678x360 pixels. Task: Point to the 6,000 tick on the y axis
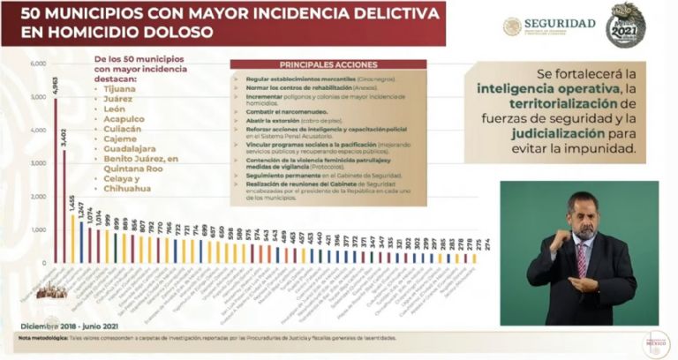pyautogui.click(x=37, y=64)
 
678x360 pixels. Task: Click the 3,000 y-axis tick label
pyautogui.click(x=37, y=163)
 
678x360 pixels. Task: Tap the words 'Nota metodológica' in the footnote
pyautogui.click(x=36, y=338)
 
